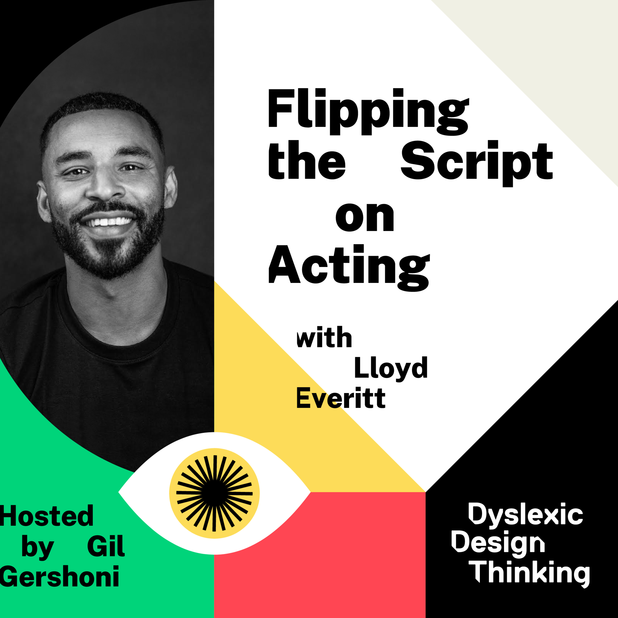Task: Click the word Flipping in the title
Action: pos(369,112)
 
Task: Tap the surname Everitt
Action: pos(341,397)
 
